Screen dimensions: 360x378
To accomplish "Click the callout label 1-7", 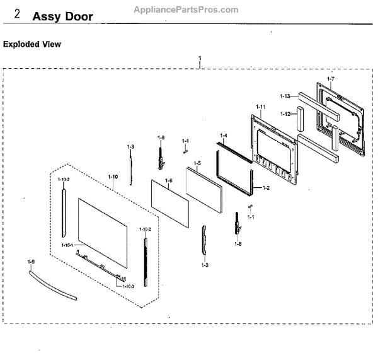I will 331,78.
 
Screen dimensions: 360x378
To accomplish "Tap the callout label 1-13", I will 285,96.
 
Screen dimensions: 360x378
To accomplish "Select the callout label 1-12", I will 285,114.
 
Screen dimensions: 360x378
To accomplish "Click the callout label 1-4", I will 223,135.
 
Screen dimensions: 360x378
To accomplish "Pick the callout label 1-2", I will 266,187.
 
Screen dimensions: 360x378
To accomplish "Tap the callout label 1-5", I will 197,163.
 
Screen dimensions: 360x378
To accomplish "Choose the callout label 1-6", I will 168,180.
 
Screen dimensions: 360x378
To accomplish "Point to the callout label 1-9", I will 31,260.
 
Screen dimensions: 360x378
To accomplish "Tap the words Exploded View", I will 32,45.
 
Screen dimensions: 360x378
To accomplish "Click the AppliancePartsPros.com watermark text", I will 186,9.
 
